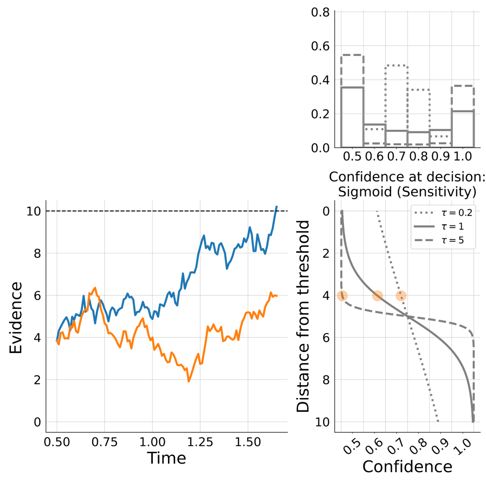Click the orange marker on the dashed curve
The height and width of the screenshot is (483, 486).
pyautogui.click(x=342, y=296)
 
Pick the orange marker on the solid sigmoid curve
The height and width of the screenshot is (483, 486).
pyautogui.click(x=377, y=296)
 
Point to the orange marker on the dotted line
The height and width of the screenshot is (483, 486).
pyautogui.click(x=401, y=296)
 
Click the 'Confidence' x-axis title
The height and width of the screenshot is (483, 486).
pyautogui.click(x=407, y=467)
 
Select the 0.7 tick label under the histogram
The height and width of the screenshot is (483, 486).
pyautogui.click(x=396, y=156)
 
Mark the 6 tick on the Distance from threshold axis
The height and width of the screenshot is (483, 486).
pyautogui.click(x=325, y=338)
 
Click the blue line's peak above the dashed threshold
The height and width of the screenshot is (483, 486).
pyautogui.click(x=276, y=207)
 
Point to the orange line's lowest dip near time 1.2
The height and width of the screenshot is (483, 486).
pyautogui.click(x=188, y=381)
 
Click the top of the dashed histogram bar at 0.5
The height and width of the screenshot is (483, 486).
pyautogui.click(x=352, y=56)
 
